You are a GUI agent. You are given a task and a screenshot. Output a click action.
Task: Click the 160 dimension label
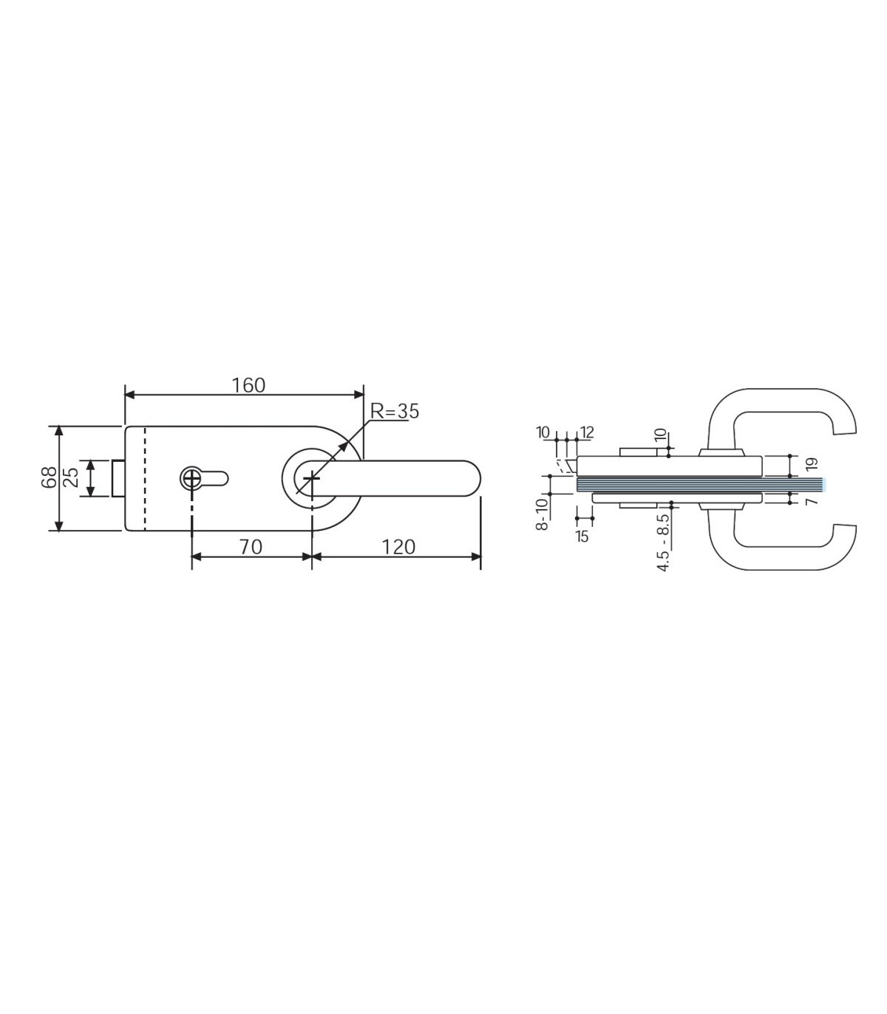(249, 385)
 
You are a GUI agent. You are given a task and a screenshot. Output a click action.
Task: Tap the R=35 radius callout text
(395, 412)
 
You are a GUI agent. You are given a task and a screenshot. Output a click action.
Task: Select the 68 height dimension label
(49, 477)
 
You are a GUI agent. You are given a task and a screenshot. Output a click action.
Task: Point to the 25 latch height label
(72, 477)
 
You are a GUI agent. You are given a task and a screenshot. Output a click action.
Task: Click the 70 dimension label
(251, 547)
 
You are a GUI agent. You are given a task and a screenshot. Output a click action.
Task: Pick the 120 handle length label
(398, 547)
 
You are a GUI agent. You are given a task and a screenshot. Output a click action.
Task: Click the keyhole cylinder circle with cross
(191, 478)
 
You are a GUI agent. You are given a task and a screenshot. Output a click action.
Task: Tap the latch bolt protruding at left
(118, 478)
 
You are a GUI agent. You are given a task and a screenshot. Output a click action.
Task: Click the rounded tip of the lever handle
(473, 478)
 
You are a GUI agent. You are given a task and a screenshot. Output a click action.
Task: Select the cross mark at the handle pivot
(312, 478)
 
